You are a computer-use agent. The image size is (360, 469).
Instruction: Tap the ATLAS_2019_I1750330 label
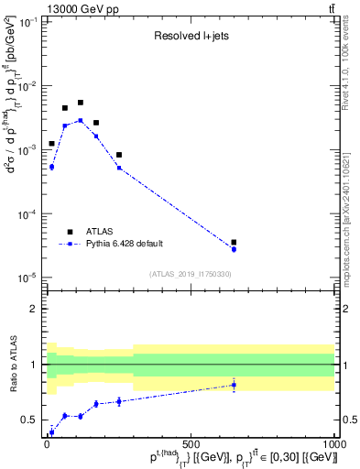point(191,274)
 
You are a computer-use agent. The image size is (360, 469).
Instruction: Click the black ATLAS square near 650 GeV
point(234,243)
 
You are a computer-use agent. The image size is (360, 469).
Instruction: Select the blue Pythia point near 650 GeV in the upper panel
point(234,249)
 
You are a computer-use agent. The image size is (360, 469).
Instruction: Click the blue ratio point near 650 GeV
point(234,385)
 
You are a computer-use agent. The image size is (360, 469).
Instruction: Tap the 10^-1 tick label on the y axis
point(30,22)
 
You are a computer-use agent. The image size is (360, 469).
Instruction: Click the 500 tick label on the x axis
point(191,446)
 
